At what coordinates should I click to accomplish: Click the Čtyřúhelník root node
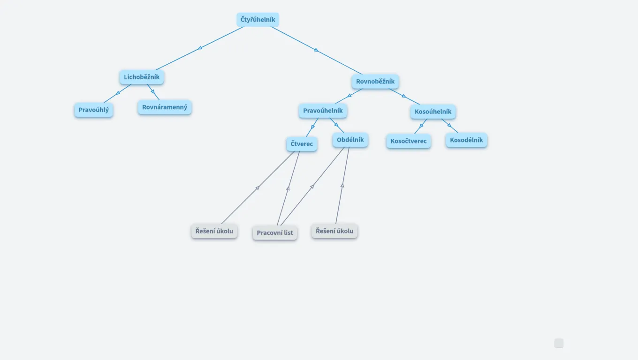click(x=258, y=20)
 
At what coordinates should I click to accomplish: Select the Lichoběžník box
click(x=142, y=77)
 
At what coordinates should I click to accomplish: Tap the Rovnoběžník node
click(x=375, y=82)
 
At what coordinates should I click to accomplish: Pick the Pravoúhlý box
click(x=93, y=110)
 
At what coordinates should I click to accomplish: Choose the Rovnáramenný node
click(x=165, y=107)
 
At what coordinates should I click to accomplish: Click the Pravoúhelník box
click(x=323, y=111)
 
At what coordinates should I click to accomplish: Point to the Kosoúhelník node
click(x=433, y=112)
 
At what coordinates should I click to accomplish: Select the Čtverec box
click(x=302, y=144)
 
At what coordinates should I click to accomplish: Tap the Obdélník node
click(x=350, y=140)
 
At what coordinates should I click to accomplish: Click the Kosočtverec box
click(x=409, y=141)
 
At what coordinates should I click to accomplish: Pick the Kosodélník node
click(x=466, y=140)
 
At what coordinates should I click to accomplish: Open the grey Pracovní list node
click(x=274, y=233)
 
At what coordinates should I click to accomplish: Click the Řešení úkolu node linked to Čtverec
click(x=214, y=231)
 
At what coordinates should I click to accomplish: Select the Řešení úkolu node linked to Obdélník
click(x=334, y=231)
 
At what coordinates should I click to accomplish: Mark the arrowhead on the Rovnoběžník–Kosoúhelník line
click(x=404, y=96)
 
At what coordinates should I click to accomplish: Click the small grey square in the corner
click(x=559, y=344)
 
